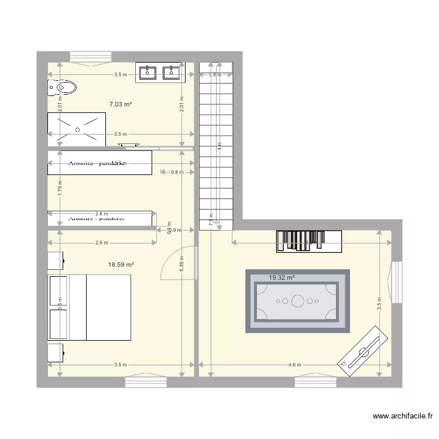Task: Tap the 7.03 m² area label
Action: (x=120, y=105)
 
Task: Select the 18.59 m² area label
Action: (x=121, y=265)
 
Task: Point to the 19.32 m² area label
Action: (x=282, y=278)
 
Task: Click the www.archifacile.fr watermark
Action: (x=403, y=417)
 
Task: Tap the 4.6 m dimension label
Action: (x=295, y=365)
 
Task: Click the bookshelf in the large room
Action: (x=308, y=241)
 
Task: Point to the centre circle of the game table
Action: (x=298, y=301)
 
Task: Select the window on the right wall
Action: (x=397, y=282)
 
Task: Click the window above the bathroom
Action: (x=90, y=57)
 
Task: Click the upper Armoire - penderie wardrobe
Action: (x=100, y=163)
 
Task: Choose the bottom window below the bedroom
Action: (x=146, y=382)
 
